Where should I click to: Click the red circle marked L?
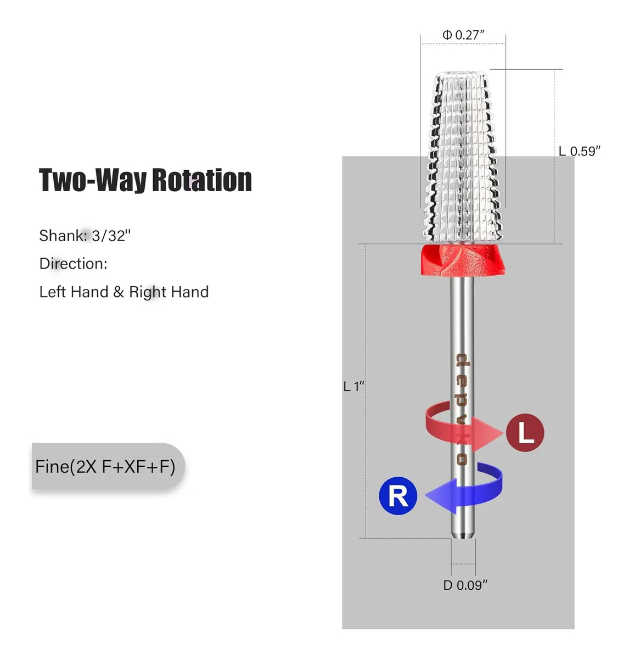click(525, 432)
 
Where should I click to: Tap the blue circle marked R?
click(398, 495)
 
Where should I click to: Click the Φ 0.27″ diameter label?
click(463, 35)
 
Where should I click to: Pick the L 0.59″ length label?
click(579, 151)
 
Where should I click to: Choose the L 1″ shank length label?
click(353, 386)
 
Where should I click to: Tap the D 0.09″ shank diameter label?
click(465, 585)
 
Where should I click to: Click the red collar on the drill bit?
click(463, 260)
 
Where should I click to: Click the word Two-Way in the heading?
click(93, 180)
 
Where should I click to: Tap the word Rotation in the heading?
click(202, 180)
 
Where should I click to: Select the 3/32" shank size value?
click(111, 236)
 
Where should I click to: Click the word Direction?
click(73, 264)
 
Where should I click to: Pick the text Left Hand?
click(74, 292)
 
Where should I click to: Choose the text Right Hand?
click(169, 292)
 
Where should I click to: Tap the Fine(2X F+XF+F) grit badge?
click(108, 466)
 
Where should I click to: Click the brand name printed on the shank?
click(462, 409)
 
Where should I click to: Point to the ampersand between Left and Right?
click(119, 292)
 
